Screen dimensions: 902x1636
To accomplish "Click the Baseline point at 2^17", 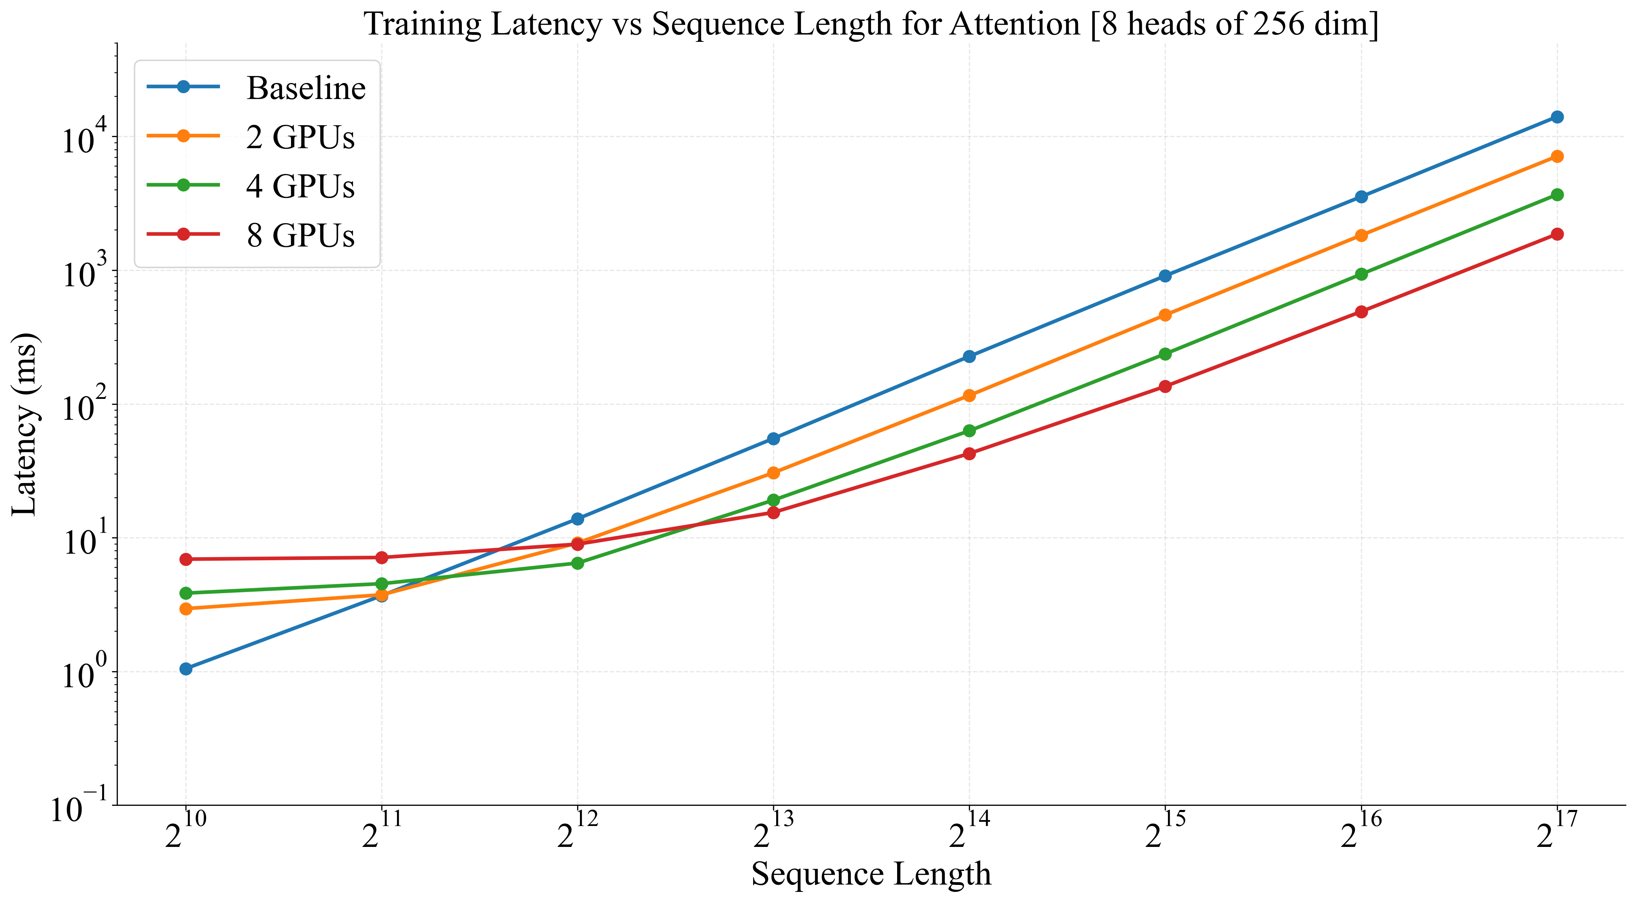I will coord(1557,117).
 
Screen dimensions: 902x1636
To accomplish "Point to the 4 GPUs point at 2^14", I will coord(969,431).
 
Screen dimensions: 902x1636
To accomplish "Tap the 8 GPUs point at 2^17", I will coord(1557,234).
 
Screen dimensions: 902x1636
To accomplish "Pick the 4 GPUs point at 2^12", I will coord(577,563).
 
